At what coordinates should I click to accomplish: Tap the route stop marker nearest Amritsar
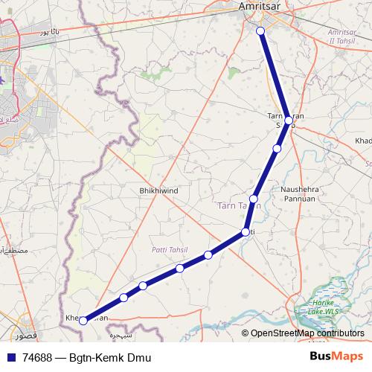[260, 31]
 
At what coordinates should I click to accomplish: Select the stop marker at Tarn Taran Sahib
[288, 120]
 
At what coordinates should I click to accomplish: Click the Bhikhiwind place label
[158, 191]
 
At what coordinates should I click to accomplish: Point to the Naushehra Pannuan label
[301, 194]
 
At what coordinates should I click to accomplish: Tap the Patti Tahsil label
[170, 250]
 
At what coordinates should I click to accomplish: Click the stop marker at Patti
[245, 233]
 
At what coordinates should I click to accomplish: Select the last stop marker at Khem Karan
[83, 321]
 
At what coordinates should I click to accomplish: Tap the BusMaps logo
[336, 356]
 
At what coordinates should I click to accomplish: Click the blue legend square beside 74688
[9, 358]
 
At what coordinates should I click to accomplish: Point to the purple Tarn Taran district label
[238, 206]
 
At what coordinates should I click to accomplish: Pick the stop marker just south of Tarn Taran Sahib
[277, 149]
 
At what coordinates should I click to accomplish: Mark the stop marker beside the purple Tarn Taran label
[254, 199]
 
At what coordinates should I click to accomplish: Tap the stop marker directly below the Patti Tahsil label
[180, 268]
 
